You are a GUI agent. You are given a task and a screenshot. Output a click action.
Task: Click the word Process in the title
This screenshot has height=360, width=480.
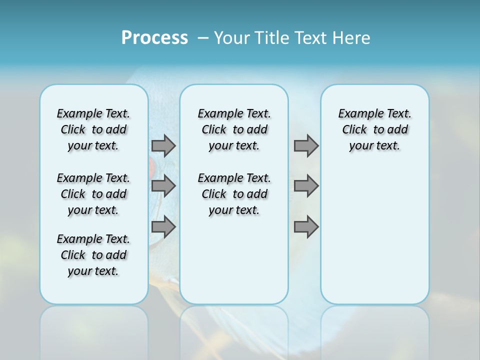click(x=154, y=37)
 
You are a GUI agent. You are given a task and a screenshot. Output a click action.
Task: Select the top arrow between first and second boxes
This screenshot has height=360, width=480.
click(x=163, y=145)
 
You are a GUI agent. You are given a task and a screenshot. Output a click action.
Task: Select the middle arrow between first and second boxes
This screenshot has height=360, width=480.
click(x=163, y=186)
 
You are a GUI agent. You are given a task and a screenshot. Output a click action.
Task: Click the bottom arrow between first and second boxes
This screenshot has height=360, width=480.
click(x=163, y=227)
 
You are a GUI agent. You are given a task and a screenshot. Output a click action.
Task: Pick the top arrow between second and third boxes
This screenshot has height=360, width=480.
click(x=306, y=145)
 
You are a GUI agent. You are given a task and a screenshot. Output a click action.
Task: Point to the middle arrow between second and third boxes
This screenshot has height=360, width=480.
click(x=306, y=186)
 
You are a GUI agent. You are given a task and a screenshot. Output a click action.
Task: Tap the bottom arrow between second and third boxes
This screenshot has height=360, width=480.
click(x=306, y=227)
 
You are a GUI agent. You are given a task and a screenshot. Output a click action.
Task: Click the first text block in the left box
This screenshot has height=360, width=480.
click(x=93, y=129)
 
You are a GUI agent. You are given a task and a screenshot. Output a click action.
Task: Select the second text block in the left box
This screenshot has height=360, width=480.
click(x=93, y=194)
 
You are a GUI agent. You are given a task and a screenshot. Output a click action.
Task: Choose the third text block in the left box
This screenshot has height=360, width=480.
click(x=93, y=255)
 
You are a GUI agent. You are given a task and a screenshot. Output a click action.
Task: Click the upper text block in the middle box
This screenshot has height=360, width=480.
click(x=234, y=129)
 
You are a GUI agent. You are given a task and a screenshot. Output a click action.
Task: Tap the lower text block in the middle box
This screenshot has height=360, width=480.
click(x=234, y=194)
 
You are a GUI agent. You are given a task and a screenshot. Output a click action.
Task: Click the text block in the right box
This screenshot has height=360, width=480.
click(x=374, y=129)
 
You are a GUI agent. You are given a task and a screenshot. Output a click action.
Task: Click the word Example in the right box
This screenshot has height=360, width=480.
click(x=356, y=114)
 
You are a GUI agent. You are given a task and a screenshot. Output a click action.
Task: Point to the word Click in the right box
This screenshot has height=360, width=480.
click(x=354, y=130)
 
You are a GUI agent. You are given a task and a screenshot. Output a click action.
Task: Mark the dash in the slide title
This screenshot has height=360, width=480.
click(x=203, y=38)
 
